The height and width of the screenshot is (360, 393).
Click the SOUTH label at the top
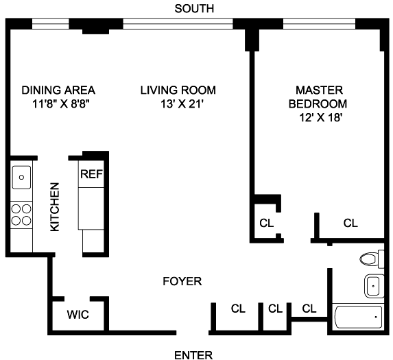click(x=194, y=9)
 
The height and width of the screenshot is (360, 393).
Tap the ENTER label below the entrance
click(x=193, y=355)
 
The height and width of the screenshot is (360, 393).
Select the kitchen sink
click(x=21, y=178)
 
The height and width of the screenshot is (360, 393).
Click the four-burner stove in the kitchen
click(x=21, y=215)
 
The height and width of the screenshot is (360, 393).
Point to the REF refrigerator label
click(x=91, y=174)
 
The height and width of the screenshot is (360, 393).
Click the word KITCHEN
click(x=55, y=207)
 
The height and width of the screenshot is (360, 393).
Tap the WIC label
click(x=78, y=315)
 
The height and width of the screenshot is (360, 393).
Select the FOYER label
click(x=182, y=281)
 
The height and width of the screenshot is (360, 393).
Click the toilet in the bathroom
click(x=372, y=259)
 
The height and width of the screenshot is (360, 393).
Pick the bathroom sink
click(x=374, y=286)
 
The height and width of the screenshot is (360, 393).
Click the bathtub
click(x=359, y=317)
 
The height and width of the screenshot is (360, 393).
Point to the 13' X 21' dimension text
click(x=181, y=104)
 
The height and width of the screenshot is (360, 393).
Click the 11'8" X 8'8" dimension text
click(x=61, y=104)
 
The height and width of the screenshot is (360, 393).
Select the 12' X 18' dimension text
click(x=321, y=117)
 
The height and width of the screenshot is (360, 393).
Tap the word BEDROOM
click(x=318, y=104)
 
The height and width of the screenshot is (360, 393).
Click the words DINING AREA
click(x=58, y=91)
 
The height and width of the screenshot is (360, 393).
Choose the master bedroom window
click(x=320, y=24)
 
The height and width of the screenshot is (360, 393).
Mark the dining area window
click(x=50, y=24)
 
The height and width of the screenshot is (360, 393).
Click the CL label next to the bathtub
click(x=309, y=309)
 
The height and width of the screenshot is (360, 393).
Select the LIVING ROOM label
click(x=178, y=91)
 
